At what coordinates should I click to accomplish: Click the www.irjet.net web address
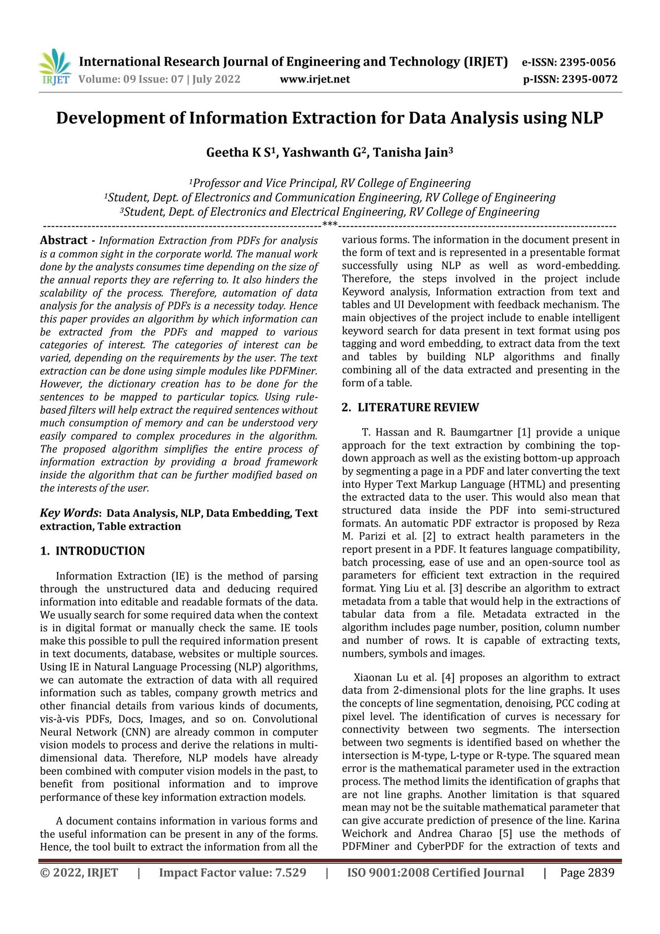pyautogui.click(x=315, y=80)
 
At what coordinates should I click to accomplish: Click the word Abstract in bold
pyautogui.click(x=63, y=240)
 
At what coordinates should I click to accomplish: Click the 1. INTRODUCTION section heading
pyautogui.click(x=92, y=551)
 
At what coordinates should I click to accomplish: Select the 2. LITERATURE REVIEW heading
pyautogui.click(x=411, y=407)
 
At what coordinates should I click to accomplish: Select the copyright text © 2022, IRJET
pyautogui.click(x=79, y=873)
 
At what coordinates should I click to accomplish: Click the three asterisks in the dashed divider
pyautogui.click(x=330, y=224)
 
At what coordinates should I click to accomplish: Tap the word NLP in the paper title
pyautogui.click(x=587, y=118)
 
